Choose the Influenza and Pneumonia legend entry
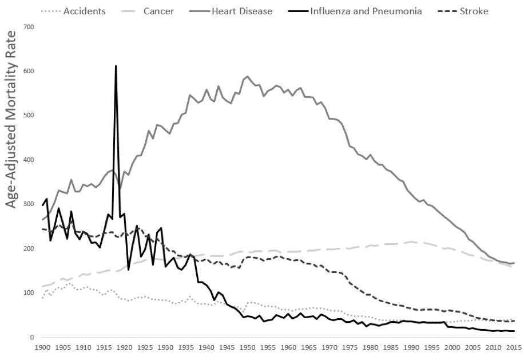click(x=366, y=11)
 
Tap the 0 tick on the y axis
click(x=32, y=337)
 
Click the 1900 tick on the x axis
click(x=42, y=347)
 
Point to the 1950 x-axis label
click(x=247, y=347)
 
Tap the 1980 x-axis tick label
click(x=370, y=347)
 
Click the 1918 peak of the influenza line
click(x=116, y=66)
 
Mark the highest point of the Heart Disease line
click(x=247, y=77)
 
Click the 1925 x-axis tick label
click(x=145, y=347)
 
